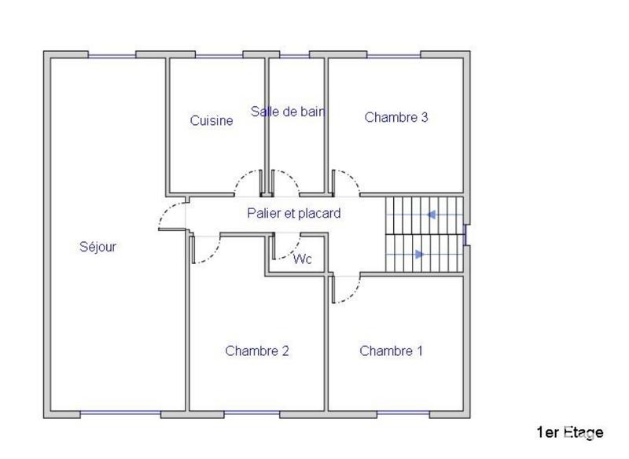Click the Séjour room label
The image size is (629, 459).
point(98,247)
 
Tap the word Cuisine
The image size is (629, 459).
point(212,120)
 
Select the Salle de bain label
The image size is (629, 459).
point(288,112)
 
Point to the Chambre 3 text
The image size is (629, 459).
point(396,117)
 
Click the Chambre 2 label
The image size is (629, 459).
point(257,351)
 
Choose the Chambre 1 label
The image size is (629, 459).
point(391,351)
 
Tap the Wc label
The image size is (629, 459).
point(303,259)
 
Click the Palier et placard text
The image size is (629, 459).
point(293,213)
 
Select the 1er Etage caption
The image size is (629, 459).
point(570,431)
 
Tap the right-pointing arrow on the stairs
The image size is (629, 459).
point(419,254)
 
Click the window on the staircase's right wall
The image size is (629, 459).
point(467,235)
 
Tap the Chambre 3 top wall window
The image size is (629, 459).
point(394,55)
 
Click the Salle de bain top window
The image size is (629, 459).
point(295,55)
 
